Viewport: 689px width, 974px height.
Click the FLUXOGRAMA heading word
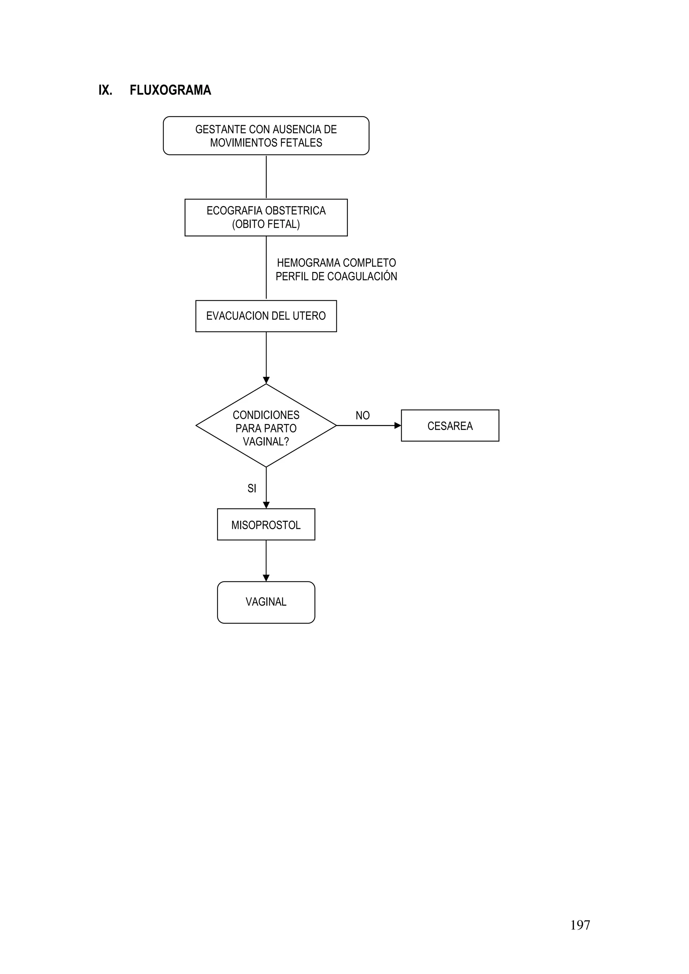pos(170,90)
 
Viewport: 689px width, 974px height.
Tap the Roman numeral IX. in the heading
pos(105,90)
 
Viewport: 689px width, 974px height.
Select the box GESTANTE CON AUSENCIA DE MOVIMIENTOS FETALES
pos(266,136)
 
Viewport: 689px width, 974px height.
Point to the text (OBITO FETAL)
pos(266,224)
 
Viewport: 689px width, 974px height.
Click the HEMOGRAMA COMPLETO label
pos(336,263)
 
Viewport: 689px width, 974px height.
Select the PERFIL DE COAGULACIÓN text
pos(336,277)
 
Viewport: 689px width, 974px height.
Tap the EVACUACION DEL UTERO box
pos(266,316)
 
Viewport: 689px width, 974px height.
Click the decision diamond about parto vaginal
pos(266,426)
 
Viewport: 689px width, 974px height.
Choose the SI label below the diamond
pos(252,489)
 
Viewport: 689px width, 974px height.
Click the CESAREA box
pos(450,426)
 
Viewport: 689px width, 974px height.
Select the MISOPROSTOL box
pos(266,525)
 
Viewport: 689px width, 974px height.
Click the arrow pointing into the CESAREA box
pos(368,426)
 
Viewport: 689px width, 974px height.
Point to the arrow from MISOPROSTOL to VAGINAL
pos(266,561)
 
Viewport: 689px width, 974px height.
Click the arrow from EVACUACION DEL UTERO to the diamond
pos(266,358)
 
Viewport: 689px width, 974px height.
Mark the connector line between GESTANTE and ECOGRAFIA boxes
pos(266,177)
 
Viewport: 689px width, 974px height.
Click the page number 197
pos(580,925)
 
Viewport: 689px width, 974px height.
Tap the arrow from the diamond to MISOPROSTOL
pos(266,488)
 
